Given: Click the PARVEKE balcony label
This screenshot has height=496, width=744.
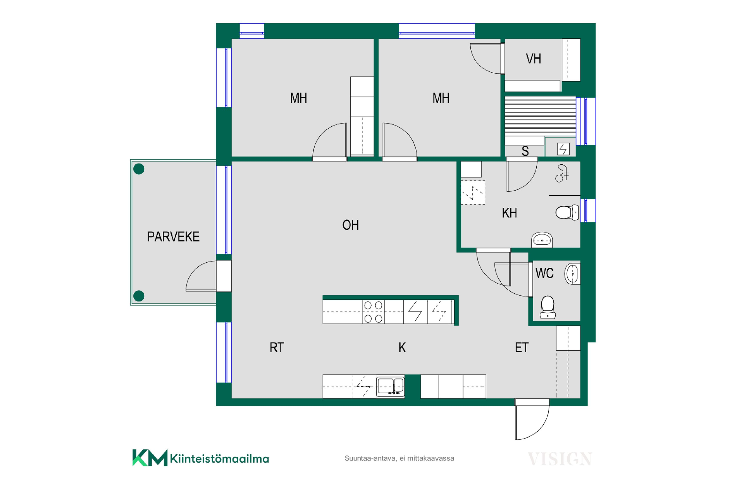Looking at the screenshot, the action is [173, 237].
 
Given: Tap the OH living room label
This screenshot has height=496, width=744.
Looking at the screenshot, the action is [351, 225].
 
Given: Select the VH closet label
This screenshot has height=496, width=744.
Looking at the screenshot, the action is [533, 59].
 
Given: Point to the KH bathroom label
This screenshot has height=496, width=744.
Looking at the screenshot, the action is [509, 213].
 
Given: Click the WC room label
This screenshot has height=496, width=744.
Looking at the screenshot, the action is [544, 273].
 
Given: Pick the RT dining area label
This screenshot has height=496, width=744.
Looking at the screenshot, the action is [277, 348].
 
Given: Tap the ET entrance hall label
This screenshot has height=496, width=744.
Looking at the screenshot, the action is [522, 348].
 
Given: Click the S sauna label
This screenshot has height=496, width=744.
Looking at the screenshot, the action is [525, 151].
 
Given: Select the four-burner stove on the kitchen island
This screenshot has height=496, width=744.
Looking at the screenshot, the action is [374, 312].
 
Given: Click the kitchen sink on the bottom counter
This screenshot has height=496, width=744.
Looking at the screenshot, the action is [390, 386].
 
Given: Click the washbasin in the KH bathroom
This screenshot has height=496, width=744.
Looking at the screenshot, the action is [542, 240].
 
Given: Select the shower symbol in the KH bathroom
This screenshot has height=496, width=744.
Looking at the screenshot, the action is [562, 173].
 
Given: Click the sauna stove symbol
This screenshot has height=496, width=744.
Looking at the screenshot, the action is [563, 149].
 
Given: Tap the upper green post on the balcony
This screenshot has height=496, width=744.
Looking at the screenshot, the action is [139, 169].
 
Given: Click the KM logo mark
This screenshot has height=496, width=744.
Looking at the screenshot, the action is [150, 458].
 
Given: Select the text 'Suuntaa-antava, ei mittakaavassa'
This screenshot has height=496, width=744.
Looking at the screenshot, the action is [399, 458].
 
